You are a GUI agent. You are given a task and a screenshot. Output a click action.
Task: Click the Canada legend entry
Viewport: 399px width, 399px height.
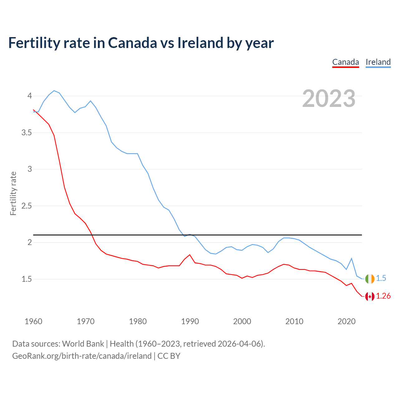click(345, 62)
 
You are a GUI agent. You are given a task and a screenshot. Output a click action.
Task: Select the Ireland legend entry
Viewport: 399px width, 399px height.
click(378, 62)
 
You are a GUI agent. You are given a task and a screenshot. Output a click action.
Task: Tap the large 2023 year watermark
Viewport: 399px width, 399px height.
click(329, 99)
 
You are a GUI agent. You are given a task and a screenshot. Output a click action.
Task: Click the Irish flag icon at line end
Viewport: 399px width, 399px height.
click(370, 279)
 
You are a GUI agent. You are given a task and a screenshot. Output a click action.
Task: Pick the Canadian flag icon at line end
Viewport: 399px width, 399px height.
click(370, 296)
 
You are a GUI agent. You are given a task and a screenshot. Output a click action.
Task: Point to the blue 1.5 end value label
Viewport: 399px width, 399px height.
click(381, 278)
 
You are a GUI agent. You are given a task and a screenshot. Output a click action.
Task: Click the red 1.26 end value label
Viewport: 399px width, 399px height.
click(383, 296)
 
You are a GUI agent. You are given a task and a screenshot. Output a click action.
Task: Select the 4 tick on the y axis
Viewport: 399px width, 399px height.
click(30, 96)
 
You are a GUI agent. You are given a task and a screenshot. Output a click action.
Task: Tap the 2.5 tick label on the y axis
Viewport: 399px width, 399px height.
click(26, 206)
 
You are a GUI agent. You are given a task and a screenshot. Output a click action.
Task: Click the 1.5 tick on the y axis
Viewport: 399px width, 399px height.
click(26, 279)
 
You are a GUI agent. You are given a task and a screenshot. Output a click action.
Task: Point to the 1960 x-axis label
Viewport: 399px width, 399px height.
click(33, 321)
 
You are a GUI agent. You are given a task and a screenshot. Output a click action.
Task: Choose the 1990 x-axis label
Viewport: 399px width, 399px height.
click(190, 321)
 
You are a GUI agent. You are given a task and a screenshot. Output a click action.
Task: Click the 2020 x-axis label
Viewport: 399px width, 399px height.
click(346, 321)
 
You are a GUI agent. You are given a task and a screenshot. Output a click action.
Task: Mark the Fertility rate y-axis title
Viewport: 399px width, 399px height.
click(13, 193)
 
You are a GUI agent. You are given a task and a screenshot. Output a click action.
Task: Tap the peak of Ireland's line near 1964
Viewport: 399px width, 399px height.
click(54, 91)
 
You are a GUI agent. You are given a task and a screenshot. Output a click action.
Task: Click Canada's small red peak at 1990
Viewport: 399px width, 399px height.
click(190, 255)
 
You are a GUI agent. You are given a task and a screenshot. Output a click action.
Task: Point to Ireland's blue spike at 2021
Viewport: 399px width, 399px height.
click(352, 258)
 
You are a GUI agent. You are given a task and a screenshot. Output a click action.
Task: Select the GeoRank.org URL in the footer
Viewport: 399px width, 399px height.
click(82, 356)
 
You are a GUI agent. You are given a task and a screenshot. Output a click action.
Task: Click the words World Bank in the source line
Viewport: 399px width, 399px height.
click(83, 344)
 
